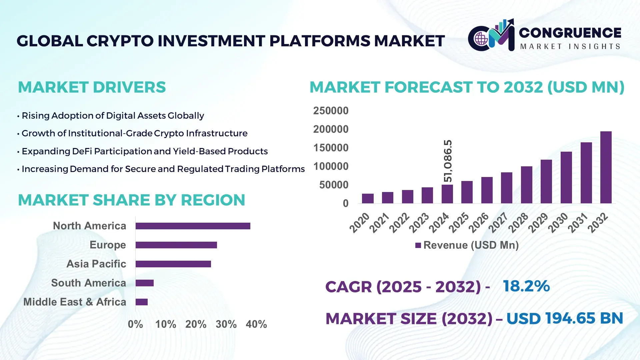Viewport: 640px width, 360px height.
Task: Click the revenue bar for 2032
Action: coord(606,167)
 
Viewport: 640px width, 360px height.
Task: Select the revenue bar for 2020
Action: coord(368,198)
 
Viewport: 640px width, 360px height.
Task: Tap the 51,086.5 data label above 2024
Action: coord(448,161)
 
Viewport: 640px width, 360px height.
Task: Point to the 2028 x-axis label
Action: coord(518,222)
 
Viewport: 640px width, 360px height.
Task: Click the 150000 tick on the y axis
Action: coord(331,148)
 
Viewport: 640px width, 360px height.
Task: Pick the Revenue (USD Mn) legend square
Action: coord(418,245)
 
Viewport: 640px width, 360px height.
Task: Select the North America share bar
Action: coord(193,226)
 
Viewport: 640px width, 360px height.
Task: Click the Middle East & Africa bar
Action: coord(141,302)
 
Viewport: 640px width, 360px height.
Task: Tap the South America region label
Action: coord(88,283)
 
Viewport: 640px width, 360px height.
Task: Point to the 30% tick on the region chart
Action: coord(226,324)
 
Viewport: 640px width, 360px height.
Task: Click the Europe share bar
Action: coord(176,245)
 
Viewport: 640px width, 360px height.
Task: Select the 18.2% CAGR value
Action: coord(526,286)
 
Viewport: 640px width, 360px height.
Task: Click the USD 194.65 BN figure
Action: coord(564,318)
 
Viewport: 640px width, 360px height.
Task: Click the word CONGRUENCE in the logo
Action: coord(570,33)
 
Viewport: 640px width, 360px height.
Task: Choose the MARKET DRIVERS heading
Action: coord(92,87)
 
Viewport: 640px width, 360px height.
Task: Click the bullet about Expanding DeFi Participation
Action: coord(144,151)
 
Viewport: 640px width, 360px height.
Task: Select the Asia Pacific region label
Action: coord(96,264)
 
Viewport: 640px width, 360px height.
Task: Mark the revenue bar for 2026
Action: coord(487,190)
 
